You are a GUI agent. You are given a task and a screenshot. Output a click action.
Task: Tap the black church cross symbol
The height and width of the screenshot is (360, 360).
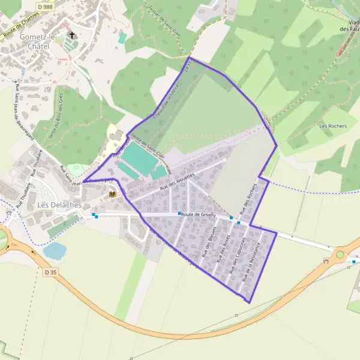coord(72,35)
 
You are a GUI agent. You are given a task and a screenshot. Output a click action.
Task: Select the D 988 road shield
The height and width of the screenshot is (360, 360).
coord(45,6)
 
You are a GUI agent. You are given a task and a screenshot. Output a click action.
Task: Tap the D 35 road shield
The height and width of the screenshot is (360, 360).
coord(51,272)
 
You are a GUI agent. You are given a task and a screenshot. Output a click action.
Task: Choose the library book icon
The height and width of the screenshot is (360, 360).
coord(112,194)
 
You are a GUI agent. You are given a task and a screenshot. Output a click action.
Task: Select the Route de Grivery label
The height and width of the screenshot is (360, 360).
coord(200,214)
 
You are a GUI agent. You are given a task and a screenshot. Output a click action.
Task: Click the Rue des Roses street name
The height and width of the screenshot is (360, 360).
coord(223,248)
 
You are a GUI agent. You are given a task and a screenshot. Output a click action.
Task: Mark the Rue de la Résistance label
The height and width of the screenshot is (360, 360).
coord(251,262)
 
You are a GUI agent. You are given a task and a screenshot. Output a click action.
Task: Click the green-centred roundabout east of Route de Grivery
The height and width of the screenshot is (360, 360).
coord(340,254)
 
